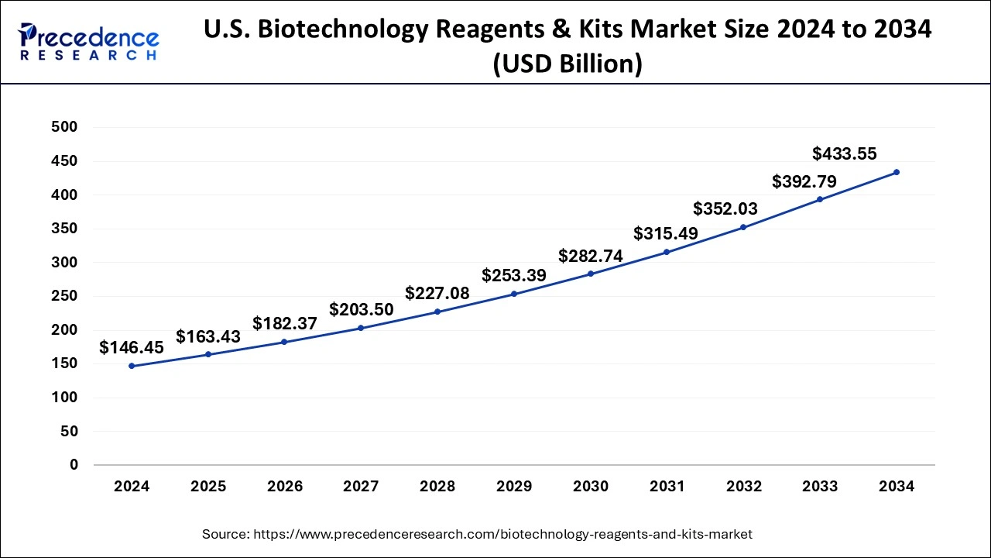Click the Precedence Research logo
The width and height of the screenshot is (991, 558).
(89, 42)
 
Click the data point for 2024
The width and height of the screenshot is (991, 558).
(132, 366)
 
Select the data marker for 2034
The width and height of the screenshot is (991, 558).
(897, 172)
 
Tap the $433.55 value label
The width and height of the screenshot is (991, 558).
(844, 153)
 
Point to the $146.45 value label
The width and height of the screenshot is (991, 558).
(132, 348)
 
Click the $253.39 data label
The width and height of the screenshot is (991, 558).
(514, 275)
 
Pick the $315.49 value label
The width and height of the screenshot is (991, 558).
(666, 233)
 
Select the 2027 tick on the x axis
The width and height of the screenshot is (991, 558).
(361, 487)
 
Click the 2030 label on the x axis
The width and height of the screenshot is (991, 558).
(591, 487)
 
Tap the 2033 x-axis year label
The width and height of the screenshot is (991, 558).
(820, 487)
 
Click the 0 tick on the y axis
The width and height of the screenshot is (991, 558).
(74, 465)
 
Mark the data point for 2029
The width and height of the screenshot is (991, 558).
(514, 294)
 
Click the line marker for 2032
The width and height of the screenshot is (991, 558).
(743, 227)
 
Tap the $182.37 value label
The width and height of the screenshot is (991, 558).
(285, 324)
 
